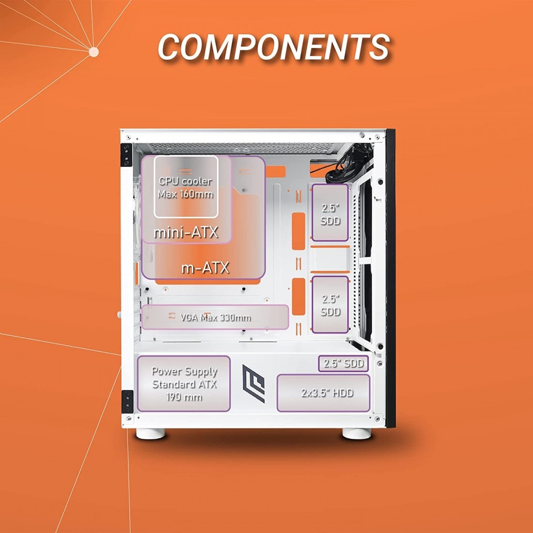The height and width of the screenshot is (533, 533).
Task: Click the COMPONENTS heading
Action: coord(274,47)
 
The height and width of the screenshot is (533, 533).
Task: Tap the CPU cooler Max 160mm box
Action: coord(186,187)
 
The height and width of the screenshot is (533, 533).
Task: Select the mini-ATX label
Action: coord(186,233)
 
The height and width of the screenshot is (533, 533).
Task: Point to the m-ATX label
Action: coord(205,267)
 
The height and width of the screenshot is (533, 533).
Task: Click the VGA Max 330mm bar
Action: coord(215,317)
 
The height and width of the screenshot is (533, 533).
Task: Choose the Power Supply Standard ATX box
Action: coord(184,384)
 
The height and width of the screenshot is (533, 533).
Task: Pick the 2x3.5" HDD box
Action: coord(324,393)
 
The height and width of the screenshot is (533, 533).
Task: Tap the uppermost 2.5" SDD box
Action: coord(330,213)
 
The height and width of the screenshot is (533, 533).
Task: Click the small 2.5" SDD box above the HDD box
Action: coord(344,363)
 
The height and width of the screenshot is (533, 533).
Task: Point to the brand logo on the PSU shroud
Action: coord(253,384)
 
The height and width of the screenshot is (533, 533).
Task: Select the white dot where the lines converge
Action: coord(94,52)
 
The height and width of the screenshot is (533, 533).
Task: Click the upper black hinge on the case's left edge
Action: coord(126,155)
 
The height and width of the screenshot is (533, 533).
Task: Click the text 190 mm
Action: coord(184,397)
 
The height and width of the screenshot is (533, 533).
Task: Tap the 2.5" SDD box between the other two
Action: coord(330,305)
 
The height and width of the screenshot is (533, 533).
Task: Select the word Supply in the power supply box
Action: coord(198,372)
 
